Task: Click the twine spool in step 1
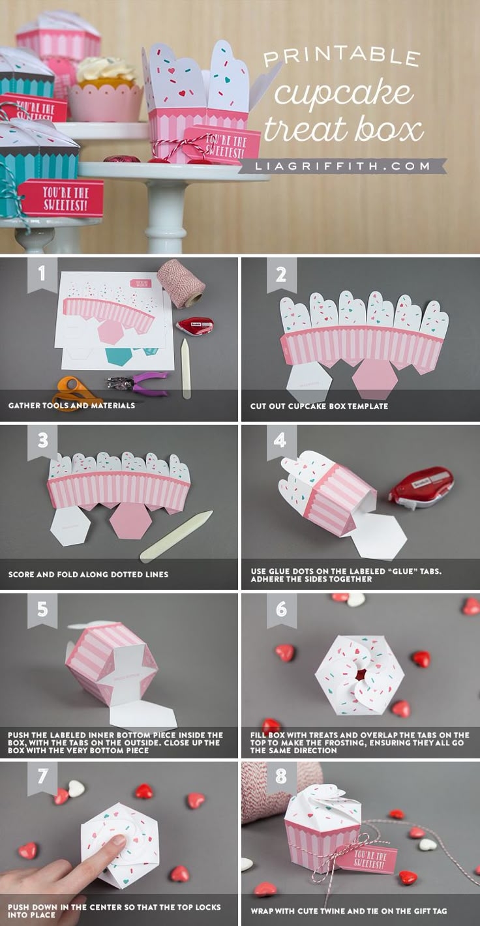tap(181, 282)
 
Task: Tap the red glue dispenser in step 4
tap(421, 486)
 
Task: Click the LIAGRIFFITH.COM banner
tap(342, 166)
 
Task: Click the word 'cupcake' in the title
tap(343, 93)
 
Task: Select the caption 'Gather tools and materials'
tap(72, 406)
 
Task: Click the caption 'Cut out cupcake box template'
tap(319, 406)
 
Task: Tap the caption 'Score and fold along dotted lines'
tap(88, 575)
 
